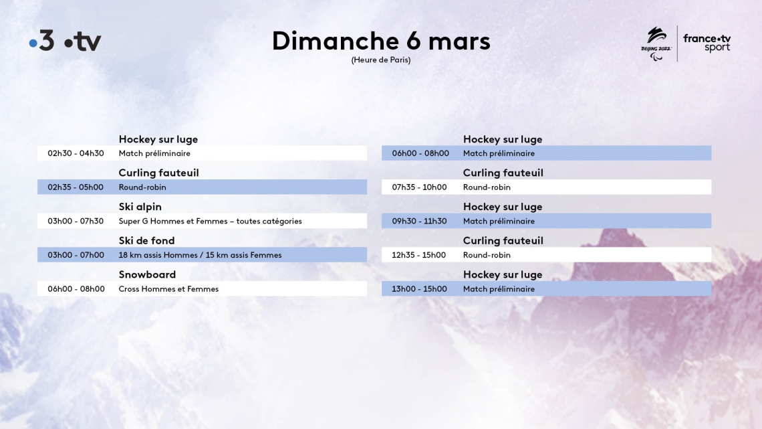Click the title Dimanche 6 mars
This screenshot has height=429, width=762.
(x=381, y=40)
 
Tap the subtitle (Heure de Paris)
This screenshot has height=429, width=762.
(x=381, y=60)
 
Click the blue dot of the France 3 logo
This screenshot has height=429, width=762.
(x=33, y=44)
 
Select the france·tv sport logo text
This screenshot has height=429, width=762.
(x=707, y=43)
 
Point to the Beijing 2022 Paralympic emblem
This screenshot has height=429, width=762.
(x=656, y=44)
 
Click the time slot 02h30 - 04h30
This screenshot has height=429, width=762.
(x=76, y=153)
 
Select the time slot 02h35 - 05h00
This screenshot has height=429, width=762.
(x=76, y=187)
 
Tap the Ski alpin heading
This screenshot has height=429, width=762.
(x=140, y=207)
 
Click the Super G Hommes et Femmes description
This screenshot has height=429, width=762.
(x=210, y=222)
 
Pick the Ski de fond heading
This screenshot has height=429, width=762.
(x=146, y=241)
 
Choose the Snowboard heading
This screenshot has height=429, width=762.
(x=147, y=274)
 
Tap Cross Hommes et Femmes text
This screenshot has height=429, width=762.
(x=168, y=289)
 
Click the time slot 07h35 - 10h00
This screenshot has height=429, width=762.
(x=419, y=187)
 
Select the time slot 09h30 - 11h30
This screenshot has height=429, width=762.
(x=419, y=222)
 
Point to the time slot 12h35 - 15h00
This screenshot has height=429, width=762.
(x=419, y=255)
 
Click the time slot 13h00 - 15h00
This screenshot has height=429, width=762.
(x=419, y=289)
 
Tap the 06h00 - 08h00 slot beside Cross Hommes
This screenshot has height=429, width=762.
(x=76, y=289)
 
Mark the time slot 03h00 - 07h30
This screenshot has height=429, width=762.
(x=76, y=222)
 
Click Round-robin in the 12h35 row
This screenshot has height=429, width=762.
(x=487, y=255)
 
